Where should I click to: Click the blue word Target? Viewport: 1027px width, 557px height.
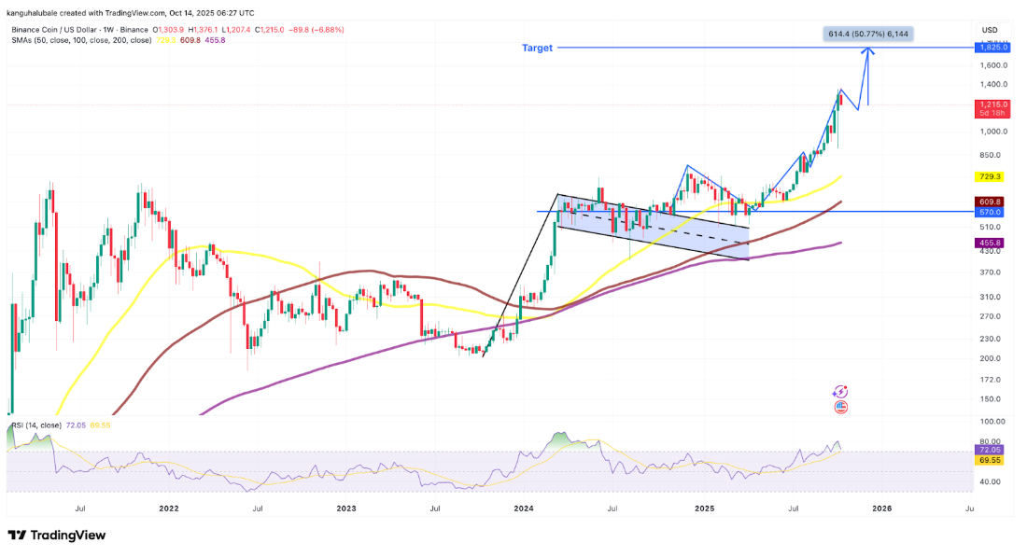tap(537, 48)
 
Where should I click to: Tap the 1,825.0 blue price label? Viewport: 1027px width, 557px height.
tap(991, 48)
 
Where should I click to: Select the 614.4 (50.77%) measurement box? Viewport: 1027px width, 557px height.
tap(868, 34)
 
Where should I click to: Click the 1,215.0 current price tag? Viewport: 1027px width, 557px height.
tap(991, 105)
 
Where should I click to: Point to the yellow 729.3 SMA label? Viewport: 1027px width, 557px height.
tap(991, 176)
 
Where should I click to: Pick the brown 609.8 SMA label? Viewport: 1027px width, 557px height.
tap(991, 202)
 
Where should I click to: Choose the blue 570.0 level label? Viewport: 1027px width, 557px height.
tap(991, 212)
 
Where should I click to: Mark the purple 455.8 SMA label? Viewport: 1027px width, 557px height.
tap(991, 243)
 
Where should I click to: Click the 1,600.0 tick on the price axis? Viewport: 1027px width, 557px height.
tap(992, 65)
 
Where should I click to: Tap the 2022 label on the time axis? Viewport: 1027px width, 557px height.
tap(169, 508)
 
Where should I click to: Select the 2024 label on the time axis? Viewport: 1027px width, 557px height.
tap(524, 508)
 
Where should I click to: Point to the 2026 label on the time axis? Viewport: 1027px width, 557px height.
tap(881, 508)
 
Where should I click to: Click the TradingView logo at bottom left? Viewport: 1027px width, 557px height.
tap(57, 536)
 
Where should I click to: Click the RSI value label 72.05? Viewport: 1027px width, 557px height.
tap(991, 450)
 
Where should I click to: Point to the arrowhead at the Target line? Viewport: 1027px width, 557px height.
tap(868, 52)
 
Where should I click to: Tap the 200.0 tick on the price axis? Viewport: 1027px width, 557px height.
tap(991, 358)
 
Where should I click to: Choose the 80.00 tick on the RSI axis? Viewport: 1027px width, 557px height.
tap(991, 441)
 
